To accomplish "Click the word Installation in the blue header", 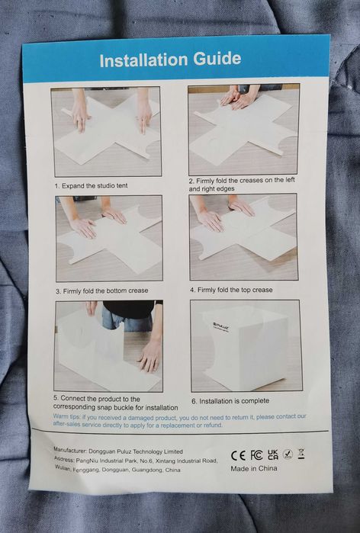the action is tap(144, 60).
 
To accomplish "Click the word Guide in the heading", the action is tap(217, 59).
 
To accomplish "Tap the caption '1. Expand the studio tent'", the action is tap(91, 186).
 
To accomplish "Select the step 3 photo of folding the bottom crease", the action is tap(109, 238).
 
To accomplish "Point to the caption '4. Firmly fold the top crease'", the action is tap(231, 290).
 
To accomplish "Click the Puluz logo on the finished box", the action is tap(221, 326).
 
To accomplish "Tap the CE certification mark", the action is tap(238, 455).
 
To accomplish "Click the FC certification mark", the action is tap(256, 454).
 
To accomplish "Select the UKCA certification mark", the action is tap(273, 454).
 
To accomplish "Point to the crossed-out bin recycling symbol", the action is tap(301, 454).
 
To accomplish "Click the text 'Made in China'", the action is tap(254, 468).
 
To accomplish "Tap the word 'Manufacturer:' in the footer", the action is tap(69, 450).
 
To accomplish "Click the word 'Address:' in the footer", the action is tap(64, 459).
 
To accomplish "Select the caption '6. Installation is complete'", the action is tap(230, 401).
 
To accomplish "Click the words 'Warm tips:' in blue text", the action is tap(66, 416).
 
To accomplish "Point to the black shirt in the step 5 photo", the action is tap(128, 309).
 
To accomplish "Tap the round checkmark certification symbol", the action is tap(288, 454).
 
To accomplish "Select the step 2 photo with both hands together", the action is tap(244, 130).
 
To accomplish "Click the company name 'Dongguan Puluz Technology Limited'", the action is tap(136, 451).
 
